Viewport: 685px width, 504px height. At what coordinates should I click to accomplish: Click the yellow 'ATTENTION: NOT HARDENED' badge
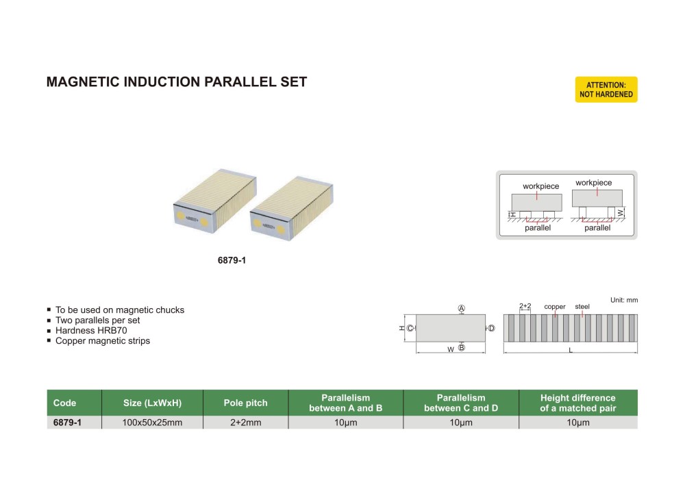606,90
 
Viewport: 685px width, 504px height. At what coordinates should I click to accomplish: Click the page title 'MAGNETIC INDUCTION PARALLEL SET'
176,82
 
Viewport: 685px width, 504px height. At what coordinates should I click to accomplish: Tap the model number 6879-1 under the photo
232,261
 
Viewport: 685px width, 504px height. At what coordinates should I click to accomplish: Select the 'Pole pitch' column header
246,403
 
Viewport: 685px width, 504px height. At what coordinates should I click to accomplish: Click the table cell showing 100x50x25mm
152,423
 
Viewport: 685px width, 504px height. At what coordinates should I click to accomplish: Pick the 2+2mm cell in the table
246,423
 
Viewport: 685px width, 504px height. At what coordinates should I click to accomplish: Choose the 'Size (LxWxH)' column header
152,403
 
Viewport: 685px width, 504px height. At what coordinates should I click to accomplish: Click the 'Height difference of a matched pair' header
578,403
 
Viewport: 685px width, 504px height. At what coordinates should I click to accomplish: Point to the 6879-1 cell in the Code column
67,423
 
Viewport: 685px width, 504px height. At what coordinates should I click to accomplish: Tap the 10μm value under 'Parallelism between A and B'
345,423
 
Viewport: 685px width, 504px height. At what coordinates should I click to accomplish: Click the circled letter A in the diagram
461,309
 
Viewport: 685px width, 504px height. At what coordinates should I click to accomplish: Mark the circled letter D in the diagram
491,329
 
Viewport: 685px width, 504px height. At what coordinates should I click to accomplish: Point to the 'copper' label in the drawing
555,307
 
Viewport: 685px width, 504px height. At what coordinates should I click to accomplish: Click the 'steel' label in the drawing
582,307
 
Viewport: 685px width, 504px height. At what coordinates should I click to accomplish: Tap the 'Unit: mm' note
623,300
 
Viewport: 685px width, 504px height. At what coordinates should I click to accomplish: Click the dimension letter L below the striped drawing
571,351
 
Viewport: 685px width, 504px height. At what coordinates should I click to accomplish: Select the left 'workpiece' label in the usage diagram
540,186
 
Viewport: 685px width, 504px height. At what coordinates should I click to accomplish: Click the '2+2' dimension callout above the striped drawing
525,306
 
